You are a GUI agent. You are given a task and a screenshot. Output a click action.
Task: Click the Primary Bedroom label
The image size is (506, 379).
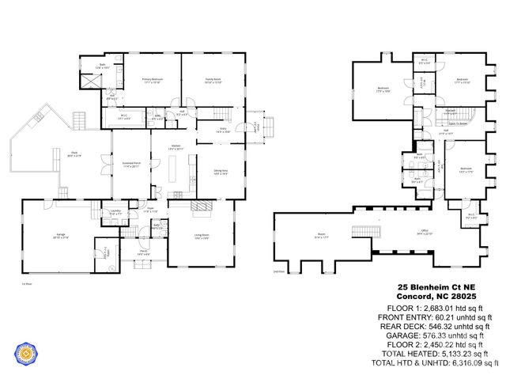151,80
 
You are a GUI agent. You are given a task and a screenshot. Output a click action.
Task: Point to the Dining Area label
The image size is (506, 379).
221,172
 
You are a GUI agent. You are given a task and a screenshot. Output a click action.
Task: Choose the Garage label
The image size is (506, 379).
60,235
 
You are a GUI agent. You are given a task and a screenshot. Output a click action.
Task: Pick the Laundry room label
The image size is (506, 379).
115,211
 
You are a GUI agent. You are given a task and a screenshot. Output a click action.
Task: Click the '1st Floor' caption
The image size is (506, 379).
26,282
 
